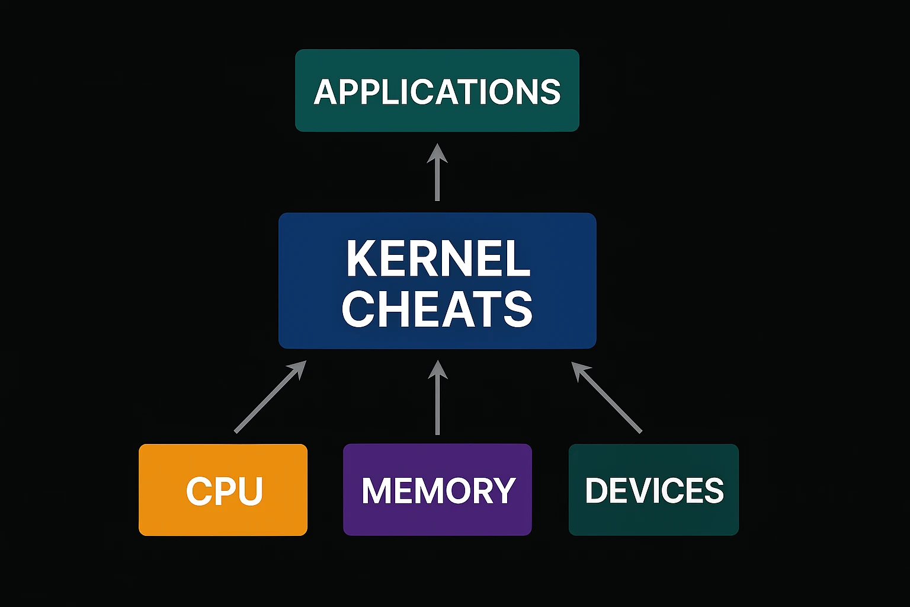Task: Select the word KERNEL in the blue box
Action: pyautogui.click(x=438, y=259)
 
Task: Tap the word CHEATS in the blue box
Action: pyautogui.click(x=437, y=309)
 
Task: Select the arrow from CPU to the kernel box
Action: pyautogui.click(x=267, y=400)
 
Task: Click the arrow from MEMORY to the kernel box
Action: pyautogui.click(x=437, y=403)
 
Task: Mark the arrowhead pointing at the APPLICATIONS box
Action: pyautogui.click(x=437, y=153)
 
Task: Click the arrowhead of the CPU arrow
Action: pyautogui.click(x=298, y=369)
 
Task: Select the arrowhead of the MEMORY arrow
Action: pyautogui.click(x=437, y=369)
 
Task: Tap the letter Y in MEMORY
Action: pyautogui.click(x=503, y=491)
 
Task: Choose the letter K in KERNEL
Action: pyautogui.click(x=360, y=259)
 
